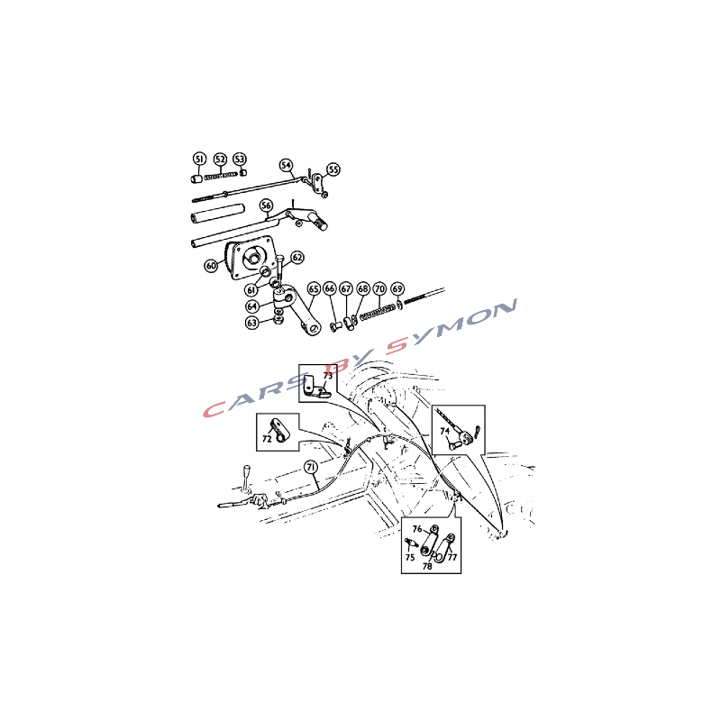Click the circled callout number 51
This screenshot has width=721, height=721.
pyautogui.click(x=199, y=160)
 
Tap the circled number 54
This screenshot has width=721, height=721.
pyautogui.click(x=286, y=166)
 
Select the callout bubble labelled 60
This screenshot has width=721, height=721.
pyautogui.click(x=211, y=265)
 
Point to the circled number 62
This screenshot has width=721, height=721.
pyautogui.click(x=297, y=258)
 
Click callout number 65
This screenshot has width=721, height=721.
pyautogui.click(x=314, y=288)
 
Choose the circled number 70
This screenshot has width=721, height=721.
pyautogui.click(x=379, y=288)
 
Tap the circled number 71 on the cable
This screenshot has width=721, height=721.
pyautogui.click(x=311, y=467)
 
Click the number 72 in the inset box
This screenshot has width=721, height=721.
pyautogui.click(x=267, y=439)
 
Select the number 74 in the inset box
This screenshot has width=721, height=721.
pyautogui.click(x=444, y=432)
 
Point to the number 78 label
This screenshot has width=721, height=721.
pyautogui.click(x=427, y=567)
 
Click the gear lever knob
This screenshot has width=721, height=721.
pyautogui.click(x=247, y=470)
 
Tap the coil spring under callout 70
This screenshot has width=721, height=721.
pyautogui.click(x=378, y=312)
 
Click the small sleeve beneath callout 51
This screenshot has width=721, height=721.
pyautogui.click(x=196, y=178)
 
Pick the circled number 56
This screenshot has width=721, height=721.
pyautogui.click(x=266, y=205)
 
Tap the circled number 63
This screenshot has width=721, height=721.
pyautogui.click(x=252, y=323)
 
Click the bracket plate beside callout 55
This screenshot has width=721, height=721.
pyautogui.click(x=318, y=183)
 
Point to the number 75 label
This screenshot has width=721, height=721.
pyautogui.click(x=410, y=557)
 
